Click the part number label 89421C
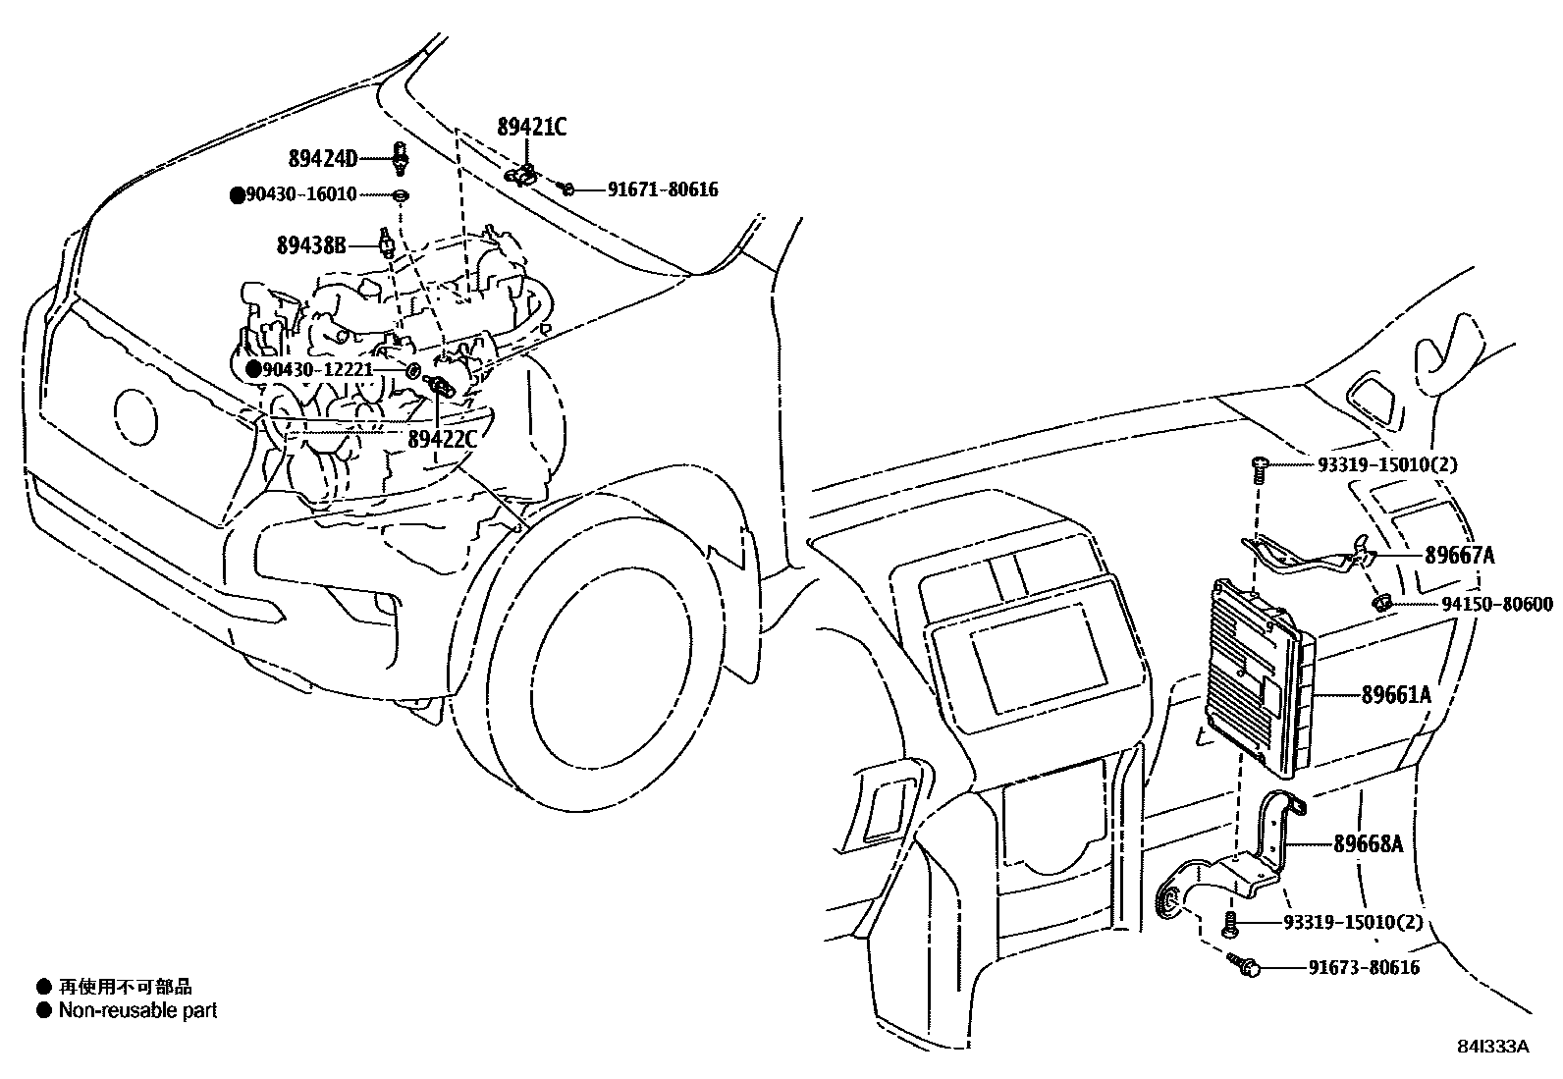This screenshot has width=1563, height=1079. (531, 126)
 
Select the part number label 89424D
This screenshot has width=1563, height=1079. (322, 157)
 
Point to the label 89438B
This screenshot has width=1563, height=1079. (310, 245)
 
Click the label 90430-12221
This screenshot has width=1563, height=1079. (318, 370)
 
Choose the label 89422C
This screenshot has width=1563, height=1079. (442, 439)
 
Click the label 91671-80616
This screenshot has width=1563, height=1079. (663, 189)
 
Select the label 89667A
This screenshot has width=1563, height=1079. (1460, 556)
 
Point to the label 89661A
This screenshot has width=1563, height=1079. (1396, 695)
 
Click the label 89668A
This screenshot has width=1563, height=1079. (1368, 843)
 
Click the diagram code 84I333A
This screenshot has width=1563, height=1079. (1492, 1047)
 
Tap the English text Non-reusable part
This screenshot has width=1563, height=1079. (137, 1010)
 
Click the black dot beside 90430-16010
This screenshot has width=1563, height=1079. (237, 195)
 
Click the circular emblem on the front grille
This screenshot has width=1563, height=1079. (135, 415)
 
